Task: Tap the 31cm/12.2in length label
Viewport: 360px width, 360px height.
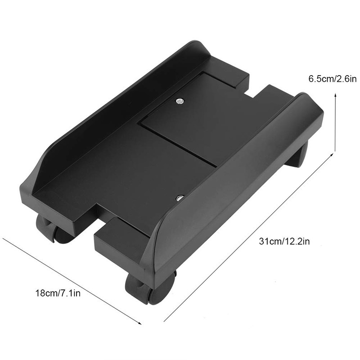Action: point(284,242)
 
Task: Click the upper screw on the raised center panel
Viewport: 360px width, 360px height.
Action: point(180,101)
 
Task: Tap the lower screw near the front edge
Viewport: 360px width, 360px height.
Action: point(180,198)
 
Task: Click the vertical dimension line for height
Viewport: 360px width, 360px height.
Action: point(335,121)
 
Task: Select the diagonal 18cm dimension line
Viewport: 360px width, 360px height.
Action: point(72,279)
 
